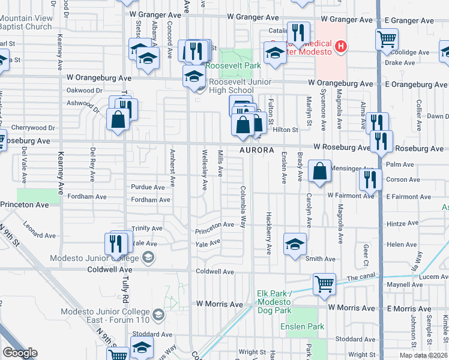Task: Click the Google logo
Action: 20,353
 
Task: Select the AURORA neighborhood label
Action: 257,150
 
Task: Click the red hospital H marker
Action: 341,46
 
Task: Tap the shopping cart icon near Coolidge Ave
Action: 387,40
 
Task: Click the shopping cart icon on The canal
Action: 324,284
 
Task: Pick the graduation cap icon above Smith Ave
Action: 295,244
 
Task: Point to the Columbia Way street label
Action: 244,206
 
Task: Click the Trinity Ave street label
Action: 147,229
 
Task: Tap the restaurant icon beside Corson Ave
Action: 370,179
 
